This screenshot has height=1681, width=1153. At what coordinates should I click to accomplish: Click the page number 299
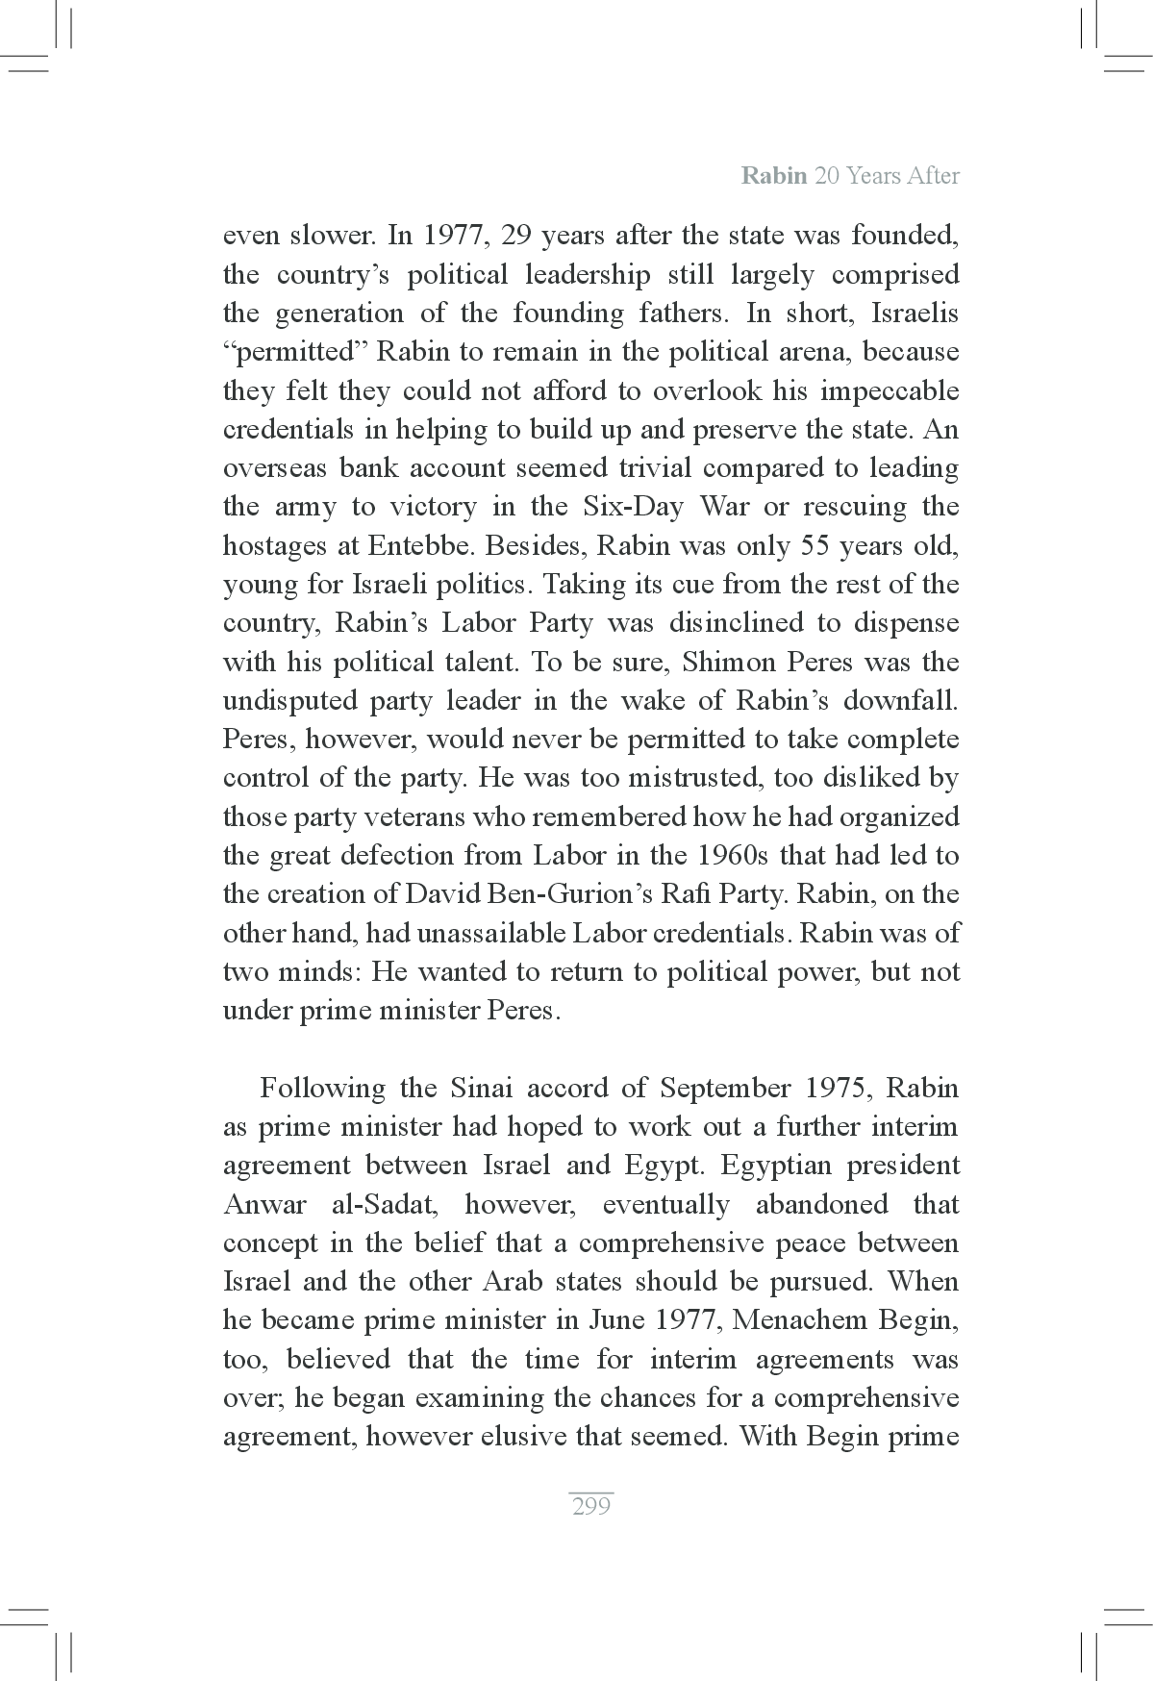tap(590, 1507)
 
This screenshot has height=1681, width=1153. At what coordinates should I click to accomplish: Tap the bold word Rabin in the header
tap(774, 176)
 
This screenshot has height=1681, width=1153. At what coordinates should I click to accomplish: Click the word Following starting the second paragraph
tap(321, 1089)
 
